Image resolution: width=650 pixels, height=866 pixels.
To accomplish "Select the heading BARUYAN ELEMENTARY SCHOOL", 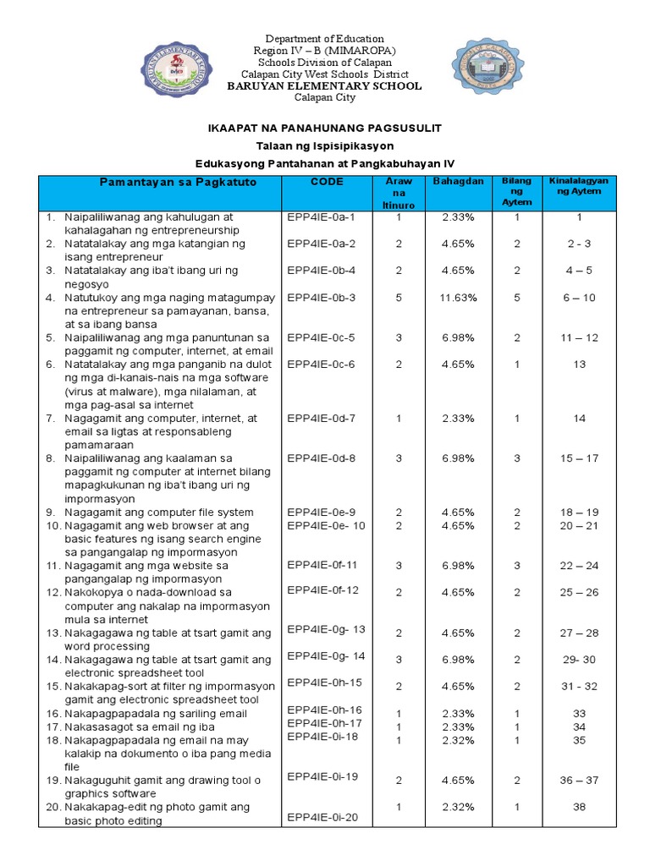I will click(x=325, y=86).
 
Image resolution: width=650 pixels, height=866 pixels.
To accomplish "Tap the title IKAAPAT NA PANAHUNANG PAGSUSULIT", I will click(x=325, y=128).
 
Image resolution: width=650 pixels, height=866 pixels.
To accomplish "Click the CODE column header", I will click(x=327, y=182).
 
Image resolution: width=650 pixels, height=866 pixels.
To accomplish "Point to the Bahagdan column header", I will click(x=458, y=182).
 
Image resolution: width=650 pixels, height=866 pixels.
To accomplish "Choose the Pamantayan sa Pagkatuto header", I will click(x=160, y=182).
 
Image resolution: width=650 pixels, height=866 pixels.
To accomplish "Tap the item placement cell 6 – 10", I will click(x=579, y=298).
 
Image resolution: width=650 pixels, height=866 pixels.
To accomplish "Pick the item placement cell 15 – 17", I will click(x=579, y=458).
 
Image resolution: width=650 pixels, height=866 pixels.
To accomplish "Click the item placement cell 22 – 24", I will click(x=579, y=566).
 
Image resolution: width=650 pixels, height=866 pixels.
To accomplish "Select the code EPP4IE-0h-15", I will click(x=324, y=682).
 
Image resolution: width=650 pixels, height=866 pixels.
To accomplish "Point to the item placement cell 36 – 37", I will click(x=579, y=781).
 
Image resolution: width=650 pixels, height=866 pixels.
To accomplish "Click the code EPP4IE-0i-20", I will click(x=322, y=817).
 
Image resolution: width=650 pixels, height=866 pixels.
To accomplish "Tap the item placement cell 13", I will click(x=579, y=364).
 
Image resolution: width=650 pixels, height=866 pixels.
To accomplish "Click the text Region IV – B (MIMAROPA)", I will click(x=325, y=51).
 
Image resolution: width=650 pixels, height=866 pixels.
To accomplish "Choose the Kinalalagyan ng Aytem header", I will click(x=579, y=186).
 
